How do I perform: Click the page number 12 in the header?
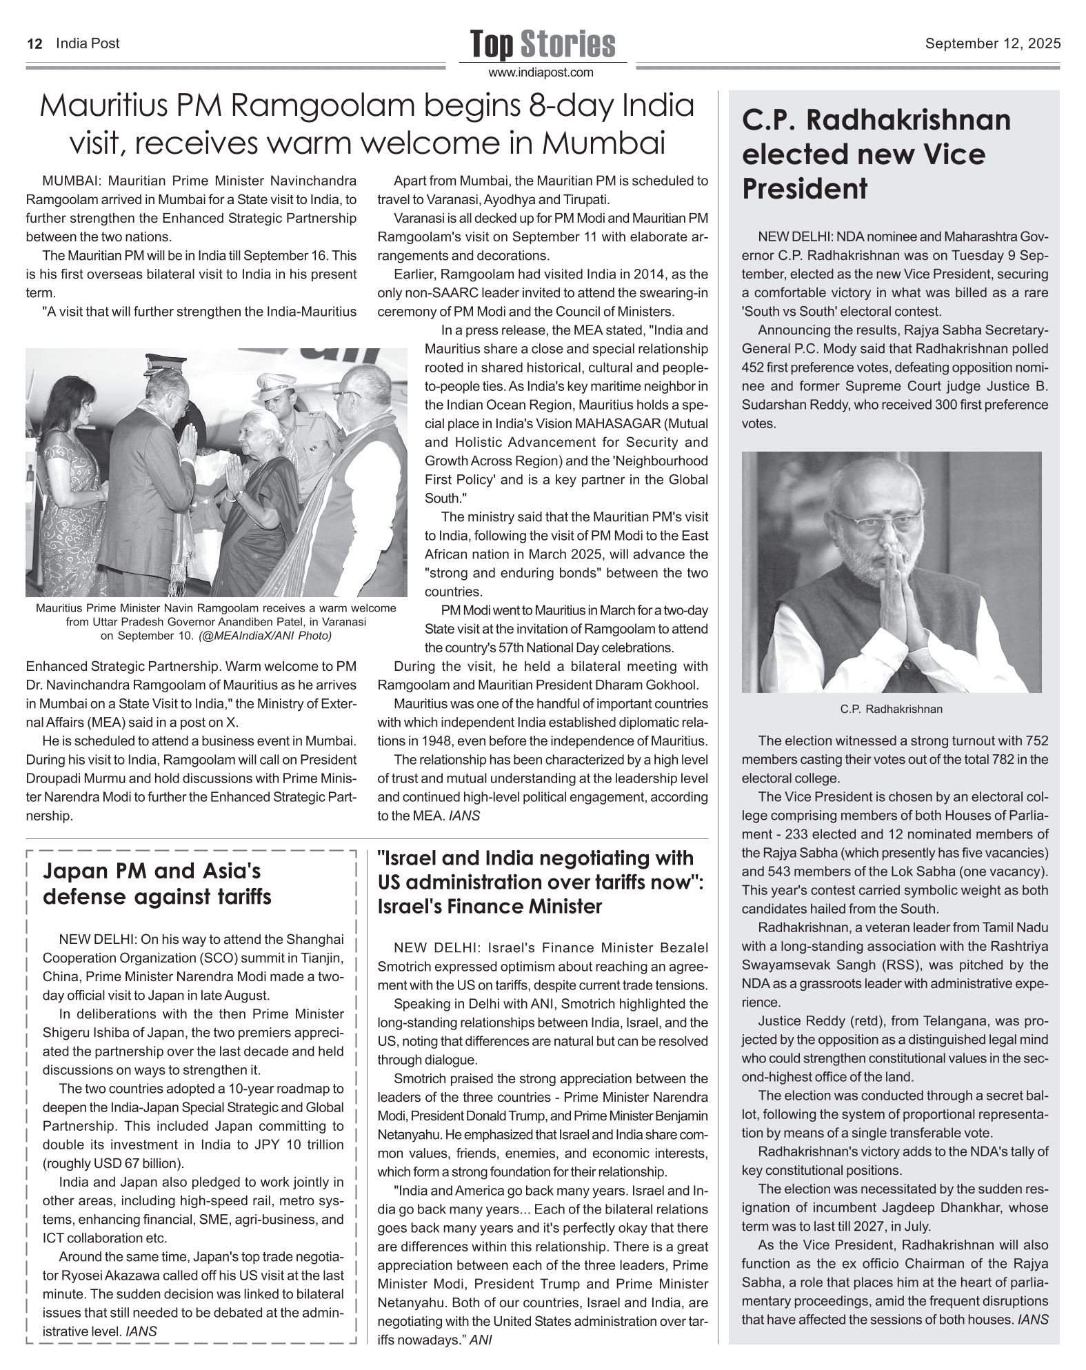34,44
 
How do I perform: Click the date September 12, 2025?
992,44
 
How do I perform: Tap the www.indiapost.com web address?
541,72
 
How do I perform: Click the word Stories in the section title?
567,44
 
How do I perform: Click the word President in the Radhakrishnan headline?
804,188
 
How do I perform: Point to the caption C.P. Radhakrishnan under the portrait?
891,709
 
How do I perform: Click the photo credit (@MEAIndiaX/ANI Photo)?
265,635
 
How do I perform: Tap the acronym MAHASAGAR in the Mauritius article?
616,423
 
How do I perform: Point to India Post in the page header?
88,44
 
